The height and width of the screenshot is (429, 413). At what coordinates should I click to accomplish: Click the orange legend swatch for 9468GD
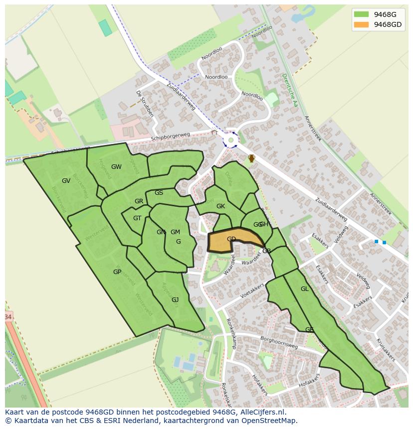point(361,24)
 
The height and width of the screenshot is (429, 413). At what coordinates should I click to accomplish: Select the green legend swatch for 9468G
point(361,14)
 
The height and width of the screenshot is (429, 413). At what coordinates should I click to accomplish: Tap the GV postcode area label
point(66,181)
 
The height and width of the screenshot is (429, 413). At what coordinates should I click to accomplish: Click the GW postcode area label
point(116,167)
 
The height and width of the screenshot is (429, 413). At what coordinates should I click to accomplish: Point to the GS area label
point(159,193)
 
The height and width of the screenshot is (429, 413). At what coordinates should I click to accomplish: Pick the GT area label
point(137,218)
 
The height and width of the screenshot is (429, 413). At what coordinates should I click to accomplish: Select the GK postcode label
point(220,206)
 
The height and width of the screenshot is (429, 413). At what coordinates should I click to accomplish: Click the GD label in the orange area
point(231,239)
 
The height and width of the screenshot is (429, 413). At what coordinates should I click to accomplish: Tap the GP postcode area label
point(117,272)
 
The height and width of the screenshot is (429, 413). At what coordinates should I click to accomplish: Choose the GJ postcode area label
point(175,300)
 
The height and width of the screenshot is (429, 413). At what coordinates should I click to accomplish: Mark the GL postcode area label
point(304,289)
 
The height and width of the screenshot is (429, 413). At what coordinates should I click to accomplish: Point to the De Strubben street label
point(145,103)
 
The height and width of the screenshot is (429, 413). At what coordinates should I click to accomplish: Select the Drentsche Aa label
point(289,90)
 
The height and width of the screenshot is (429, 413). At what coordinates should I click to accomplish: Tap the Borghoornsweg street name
point(278,342)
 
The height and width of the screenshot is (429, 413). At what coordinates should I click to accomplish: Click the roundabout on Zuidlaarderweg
point(230,140)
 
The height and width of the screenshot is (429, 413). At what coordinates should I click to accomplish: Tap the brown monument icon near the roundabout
point(252,158)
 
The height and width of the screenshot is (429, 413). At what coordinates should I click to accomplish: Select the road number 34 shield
point(7,317)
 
